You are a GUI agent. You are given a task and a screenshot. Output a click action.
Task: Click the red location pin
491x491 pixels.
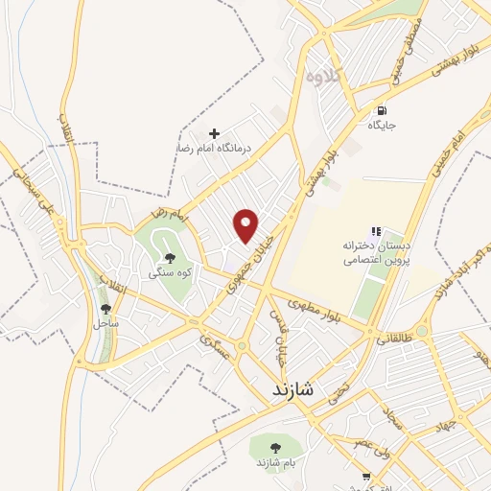click(247, 224)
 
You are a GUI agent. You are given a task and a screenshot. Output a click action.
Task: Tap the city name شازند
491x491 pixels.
click(287, 390)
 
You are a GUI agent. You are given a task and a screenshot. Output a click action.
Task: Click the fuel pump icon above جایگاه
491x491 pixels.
click(383, 110)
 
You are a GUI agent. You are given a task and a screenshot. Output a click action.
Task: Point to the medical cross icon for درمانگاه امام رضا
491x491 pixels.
click(214, 133)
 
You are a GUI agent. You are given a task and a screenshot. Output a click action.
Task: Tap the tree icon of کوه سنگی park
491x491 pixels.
click(170, 257)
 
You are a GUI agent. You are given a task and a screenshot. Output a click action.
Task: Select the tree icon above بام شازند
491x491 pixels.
click(275, 448)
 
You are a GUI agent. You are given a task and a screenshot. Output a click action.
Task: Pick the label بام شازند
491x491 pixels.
click(275, 465)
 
